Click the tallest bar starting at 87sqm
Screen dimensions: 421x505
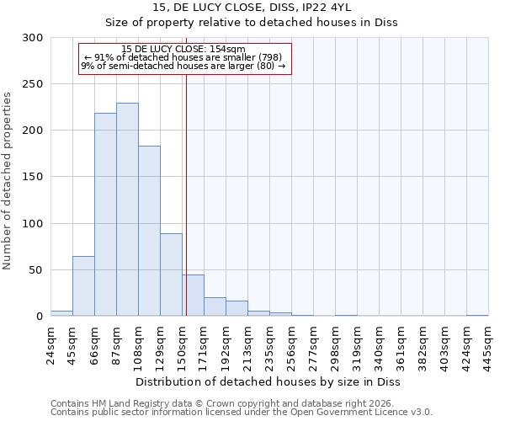(127, 210)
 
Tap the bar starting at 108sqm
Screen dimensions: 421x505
(149, 232)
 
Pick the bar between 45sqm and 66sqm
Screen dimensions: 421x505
(83, 286)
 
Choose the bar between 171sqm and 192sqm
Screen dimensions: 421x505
(215, 307)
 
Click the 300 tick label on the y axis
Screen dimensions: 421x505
(33, 38)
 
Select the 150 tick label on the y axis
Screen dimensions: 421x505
(33, 178)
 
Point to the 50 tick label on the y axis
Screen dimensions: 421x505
(36, 270)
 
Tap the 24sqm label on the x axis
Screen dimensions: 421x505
(50, 345)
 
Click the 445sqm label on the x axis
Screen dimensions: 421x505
(488, 345)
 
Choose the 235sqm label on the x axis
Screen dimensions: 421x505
(269, 345)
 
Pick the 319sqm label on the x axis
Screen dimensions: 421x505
(357, 345)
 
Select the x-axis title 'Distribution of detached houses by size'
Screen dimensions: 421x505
(268, 381)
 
